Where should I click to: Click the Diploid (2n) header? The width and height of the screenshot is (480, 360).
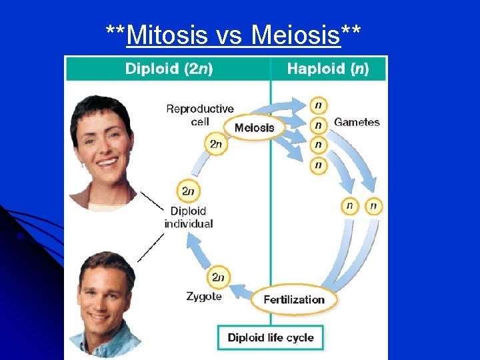[x=169, y=69]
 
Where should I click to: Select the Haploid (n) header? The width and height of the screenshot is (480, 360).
[x=327, y=69]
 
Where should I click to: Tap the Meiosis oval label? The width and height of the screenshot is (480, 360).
[x=254, y=127]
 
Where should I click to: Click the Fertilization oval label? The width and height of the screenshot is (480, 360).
[x=294, y=299]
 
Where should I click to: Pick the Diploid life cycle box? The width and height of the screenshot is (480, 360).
[x=270, y=337]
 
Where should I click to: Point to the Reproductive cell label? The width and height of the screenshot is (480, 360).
[x=199, y=115]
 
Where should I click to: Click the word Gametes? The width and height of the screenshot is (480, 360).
[x=357, y=122]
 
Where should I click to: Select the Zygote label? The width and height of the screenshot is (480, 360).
[x=204, y=296]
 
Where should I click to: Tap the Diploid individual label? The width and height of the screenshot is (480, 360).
[x=189, y=217]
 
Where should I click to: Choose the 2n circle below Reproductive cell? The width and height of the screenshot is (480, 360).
[x=216, y=143]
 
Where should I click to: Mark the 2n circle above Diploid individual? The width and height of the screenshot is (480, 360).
[x=188, y=191]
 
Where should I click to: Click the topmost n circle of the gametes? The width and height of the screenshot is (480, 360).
[x=319, y=105]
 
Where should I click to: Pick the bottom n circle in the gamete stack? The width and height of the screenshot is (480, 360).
[x=319, y=165]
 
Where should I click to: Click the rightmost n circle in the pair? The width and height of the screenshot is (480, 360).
[x=373, y=206]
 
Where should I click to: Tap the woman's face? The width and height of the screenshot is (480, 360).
[x=103, y=143]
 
